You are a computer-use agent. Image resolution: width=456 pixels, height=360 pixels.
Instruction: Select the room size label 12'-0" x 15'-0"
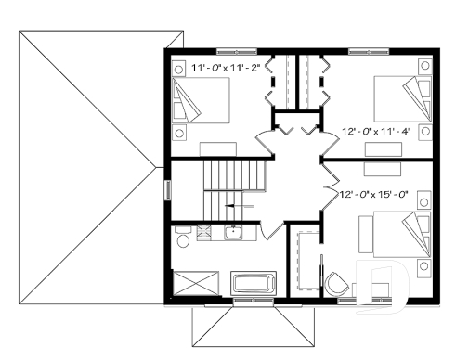point(375,195)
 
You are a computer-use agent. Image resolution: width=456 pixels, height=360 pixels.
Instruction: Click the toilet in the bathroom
point(183,241)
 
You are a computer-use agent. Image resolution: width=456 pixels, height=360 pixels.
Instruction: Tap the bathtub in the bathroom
point(253,284)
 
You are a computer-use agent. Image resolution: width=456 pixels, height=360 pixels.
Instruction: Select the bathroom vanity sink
point(232,232)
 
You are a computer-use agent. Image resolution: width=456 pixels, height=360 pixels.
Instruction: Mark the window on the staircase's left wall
point(168,189)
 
